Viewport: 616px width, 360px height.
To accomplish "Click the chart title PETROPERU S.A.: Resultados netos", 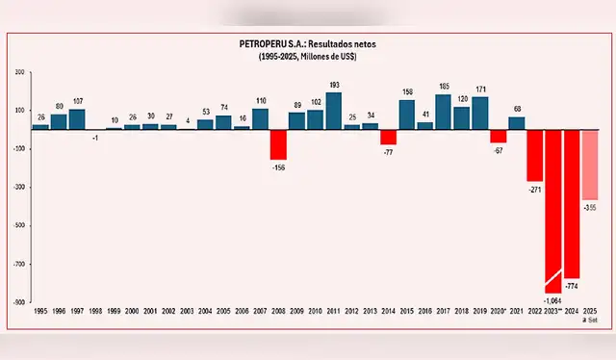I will coord(307,44).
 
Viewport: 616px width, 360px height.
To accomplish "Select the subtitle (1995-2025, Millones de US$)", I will coord(307,57).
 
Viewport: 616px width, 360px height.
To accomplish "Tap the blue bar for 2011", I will coord(334,111).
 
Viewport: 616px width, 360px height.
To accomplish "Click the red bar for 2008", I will coord(278,144).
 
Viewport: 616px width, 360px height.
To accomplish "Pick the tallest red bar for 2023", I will coord(552,211).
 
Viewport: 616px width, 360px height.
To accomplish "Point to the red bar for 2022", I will coord(534,155).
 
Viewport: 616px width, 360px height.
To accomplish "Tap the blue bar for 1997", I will coord(77,118).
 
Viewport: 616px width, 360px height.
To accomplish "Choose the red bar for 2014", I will coord(388,137).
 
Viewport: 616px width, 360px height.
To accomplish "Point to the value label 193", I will coord(334,86).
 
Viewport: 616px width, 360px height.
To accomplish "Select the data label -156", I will coord(278,167).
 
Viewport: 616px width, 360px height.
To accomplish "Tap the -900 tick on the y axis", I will coord(18,302).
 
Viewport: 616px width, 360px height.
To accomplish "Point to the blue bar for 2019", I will coord(479,113).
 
